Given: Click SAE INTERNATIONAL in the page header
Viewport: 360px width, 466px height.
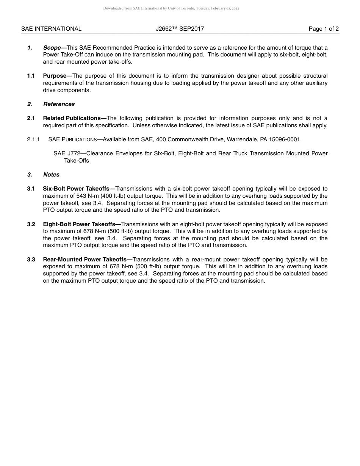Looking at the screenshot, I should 51,29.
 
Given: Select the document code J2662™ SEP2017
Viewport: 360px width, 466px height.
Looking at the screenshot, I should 180,29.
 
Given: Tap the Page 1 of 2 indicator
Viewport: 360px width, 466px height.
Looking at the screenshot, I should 324,29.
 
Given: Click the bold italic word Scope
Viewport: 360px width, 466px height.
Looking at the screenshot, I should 52,48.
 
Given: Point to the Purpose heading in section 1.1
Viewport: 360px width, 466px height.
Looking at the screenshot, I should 55,76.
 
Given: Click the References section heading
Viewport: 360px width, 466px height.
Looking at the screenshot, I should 59,104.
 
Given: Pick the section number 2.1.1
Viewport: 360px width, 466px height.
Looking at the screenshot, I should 33,139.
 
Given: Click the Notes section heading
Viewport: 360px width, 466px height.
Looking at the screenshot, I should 51,175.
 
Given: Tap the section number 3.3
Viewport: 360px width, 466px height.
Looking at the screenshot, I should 31,260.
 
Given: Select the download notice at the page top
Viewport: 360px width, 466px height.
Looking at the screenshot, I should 171,8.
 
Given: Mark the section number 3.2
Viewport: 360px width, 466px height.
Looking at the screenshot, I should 31,224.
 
